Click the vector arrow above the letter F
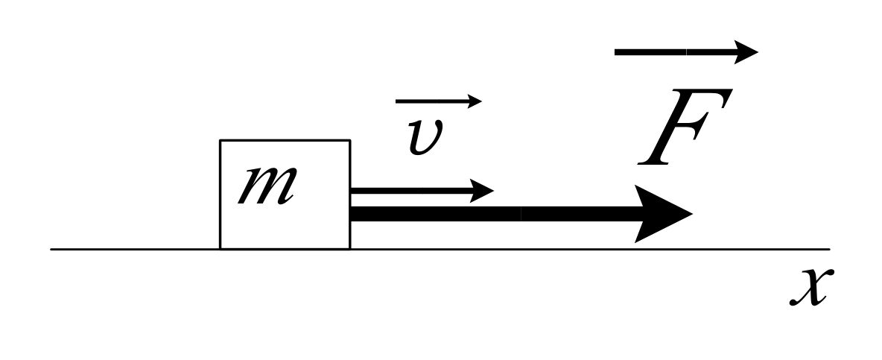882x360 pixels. coord(685,52)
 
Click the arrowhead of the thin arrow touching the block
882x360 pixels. coord(480,190)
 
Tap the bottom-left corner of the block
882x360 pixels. coord(220,248)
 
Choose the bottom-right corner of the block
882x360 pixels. coord(349,248)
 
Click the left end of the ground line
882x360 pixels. coord(52,249)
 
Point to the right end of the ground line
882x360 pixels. coord(828,249)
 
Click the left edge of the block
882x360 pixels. coord(220,194)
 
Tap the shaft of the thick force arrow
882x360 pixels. coord(492,214)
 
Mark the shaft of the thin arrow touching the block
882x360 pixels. coord(410,190)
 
